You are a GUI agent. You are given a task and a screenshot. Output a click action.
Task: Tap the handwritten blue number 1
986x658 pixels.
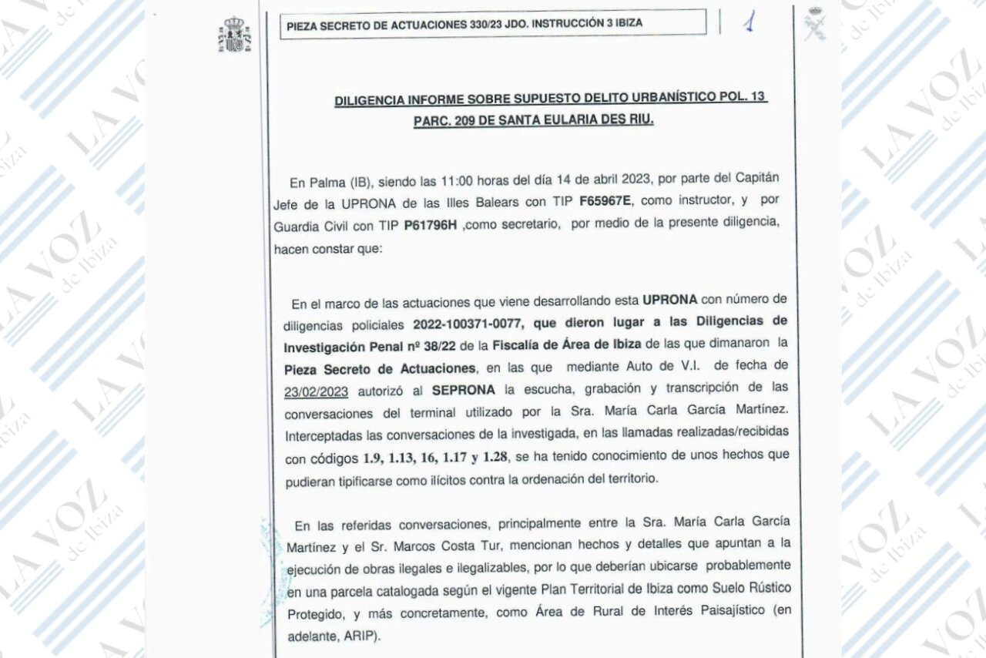click(x=748, y=22)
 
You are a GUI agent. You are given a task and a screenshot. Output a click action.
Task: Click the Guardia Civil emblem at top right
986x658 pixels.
click(x=815, y=23)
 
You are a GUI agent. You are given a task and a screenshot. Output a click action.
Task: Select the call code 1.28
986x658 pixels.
click(x=492, y=456)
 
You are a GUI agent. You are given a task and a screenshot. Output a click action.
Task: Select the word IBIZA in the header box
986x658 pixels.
click(x=627, y=24)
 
